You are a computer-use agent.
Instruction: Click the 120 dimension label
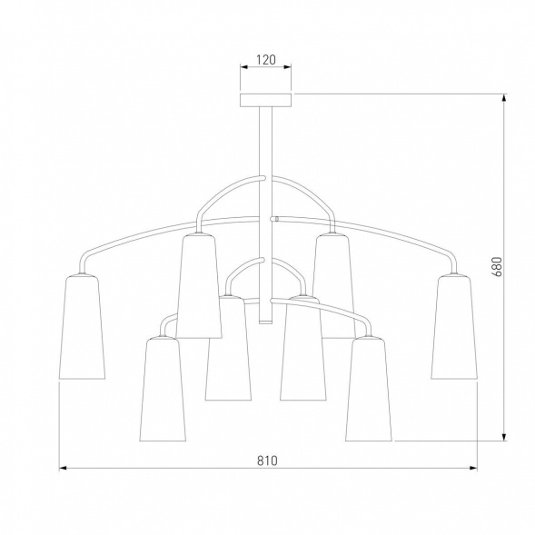point(266,60)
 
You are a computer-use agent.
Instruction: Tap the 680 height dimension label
point(498,266)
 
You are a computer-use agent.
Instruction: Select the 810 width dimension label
point(267,461)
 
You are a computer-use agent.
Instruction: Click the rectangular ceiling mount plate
point(266,100)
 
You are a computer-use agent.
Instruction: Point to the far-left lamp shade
point(82,326)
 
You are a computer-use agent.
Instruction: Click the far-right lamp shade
point(454,326)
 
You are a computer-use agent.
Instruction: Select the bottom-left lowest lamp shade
point(163,389)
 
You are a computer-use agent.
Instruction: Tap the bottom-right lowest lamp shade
point(369,389)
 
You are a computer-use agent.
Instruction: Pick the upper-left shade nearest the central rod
point(199,286)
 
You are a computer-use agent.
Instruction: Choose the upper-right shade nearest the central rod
point(333,286)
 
